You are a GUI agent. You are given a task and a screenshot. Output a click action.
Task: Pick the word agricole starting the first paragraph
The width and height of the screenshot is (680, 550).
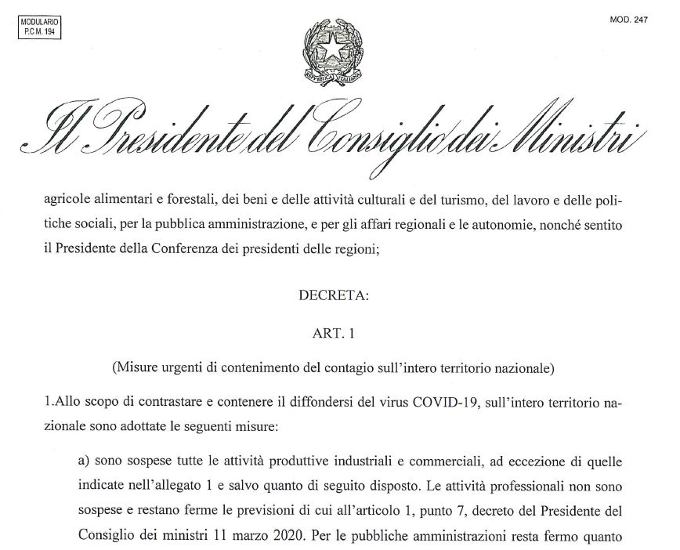(x=68, y=200)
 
